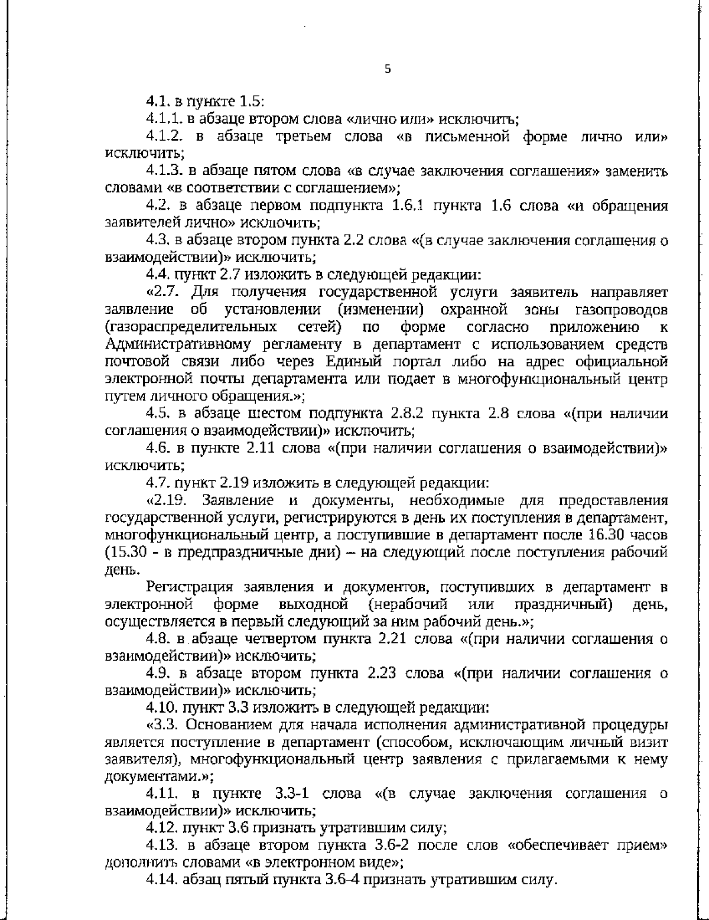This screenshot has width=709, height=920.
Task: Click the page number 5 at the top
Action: (388, 69)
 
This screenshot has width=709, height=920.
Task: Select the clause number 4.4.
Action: (158, 275)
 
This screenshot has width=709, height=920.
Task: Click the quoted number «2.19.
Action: (169, 500)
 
